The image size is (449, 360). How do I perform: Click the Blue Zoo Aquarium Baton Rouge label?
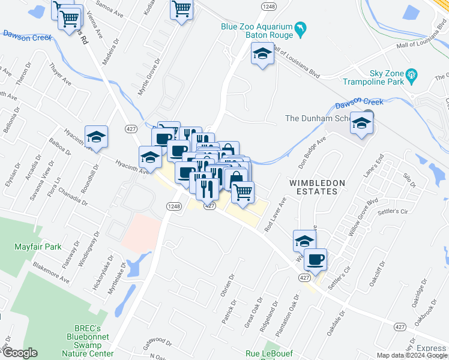click(256, 31)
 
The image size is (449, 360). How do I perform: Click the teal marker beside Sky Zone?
click(411, 74)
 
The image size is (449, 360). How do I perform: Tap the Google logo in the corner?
click(19, 353)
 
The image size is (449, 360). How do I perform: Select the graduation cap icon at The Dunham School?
click(361, 123)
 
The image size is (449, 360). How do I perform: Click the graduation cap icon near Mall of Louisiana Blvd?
click(262, 54)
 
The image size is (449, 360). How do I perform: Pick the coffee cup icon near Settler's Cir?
click(315, 259)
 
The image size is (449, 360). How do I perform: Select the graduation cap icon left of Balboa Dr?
click(96, 137)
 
